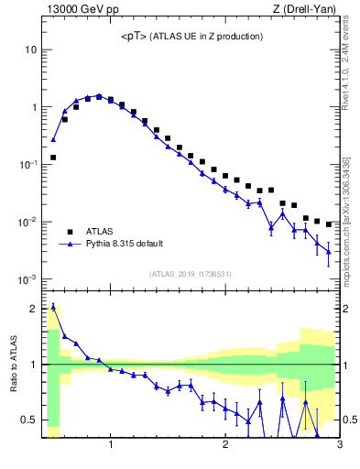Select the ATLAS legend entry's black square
click(68, 232)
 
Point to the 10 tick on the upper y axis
click(30, 49)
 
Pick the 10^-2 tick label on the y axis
click(27, 222)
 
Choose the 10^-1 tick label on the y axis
click(27, 164)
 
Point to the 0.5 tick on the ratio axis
click(28, 420)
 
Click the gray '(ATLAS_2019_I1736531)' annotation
click(191, 274)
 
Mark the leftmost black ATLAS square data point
click(53, 158)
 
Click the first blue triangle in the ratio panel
click(53, 307)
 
